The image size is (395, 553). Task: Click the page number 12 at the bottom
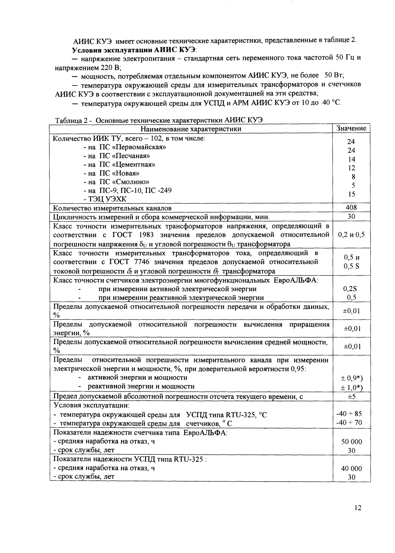pos(358,508)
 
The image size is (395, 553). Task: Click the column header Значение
pos(351,128)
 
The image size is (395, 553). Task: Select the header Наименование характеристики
pos(191,129)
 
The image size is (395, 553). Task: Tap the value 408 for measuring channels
pos(351,208)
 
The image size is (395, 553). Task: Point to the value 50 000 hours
pos(351,442)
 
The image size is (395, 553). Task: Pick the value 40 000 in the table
pos(351,468)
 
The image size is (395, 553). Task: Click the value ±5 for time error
pos(351,396)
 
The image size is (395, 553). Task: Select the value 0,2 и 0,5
pos(351,235)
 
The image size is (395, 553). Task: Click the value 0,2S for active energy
pos(351,289)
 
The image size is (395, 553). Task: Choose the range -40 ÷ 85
pos(349,414)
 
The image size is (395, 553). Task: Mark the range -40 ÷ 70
pos(349,423)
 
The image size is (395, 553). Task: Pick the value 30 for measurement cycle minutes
pos(351,216)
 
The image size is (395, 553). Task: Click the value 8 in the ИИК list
pos(353,177)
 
